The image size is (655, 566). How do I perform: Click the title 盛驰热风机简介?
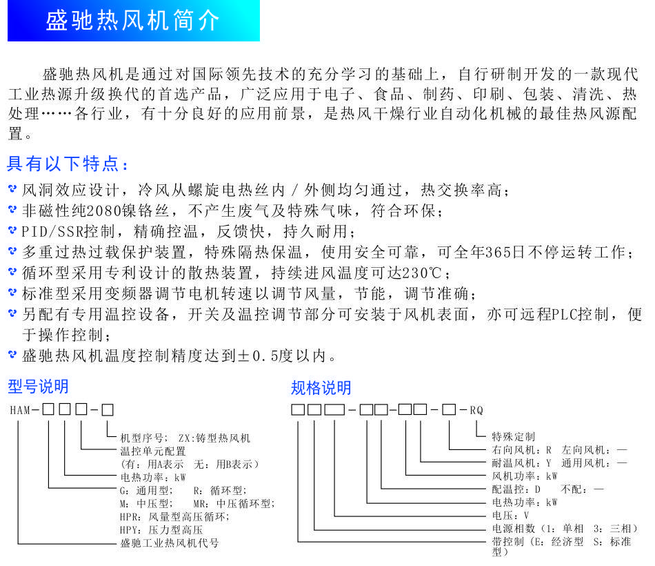pos(133,21)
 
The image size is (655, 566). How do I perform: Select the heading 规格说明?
pos(321,387)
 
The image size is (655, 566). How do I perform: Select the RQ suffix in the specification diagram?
pos(476,410)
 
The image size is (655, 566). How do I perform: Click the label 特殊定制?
pos(513,436)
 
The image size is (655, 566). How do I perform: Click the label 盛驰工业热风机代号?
pos(169,543)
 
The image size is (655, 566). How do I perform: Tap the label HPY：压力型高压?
pos(161,530)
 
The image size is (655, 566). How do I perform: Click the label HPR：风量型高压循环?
pos(173,516)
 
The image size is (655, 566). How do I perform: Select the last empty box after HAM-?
pos(108,409)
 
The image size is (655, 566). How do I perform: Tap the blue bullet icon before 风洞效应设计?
pos(12,189)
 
